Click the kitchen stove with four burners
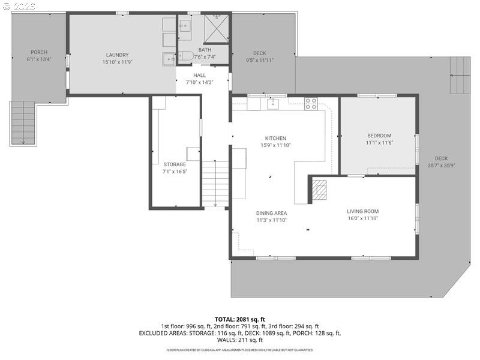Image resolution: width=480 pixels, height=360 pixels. [x=310, y=103]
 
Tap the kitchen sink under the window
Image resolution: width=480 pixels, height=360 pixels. [x=273, y=104]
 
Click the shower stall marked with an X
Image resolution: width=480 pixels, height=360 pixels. [x=217, y=28]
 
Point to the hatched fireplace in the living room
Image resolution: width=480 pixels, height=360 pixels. [x=320, y=190]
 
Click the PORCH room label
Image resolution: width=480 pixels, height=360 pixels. [x=39, y=52]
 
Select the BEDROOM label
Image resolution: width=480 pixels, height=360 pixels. [x=379, y=136]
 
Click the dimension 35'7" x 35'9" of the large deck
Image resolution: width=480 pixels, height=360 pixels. [x=441, y=166]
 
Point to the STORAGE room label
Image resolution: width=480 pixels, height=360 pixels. [x=175, y=164]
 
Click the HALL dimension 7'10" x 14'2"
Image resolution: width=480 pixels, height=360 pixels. [x=199, y=82]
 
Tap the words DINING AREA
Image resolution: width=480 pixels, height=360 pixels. [x=272, y=213]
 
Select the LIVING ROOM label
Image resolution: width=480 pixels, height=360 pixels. [x=362, y=211]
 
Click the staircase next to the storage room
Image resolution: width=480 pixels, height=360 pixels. [x=215, y=184]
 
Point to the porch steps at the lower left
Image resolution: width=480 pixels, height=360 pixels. [x=23, y=123]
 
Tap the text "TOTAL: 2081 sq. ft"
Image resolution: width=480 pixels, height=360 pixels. [x=240, y=319]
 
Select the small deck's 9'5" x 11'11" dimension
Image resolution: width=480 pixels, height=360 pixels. [x=259, y=60]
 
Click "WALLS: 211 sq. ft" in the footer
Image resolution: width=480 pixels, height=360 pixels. [x=240, y=340]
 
